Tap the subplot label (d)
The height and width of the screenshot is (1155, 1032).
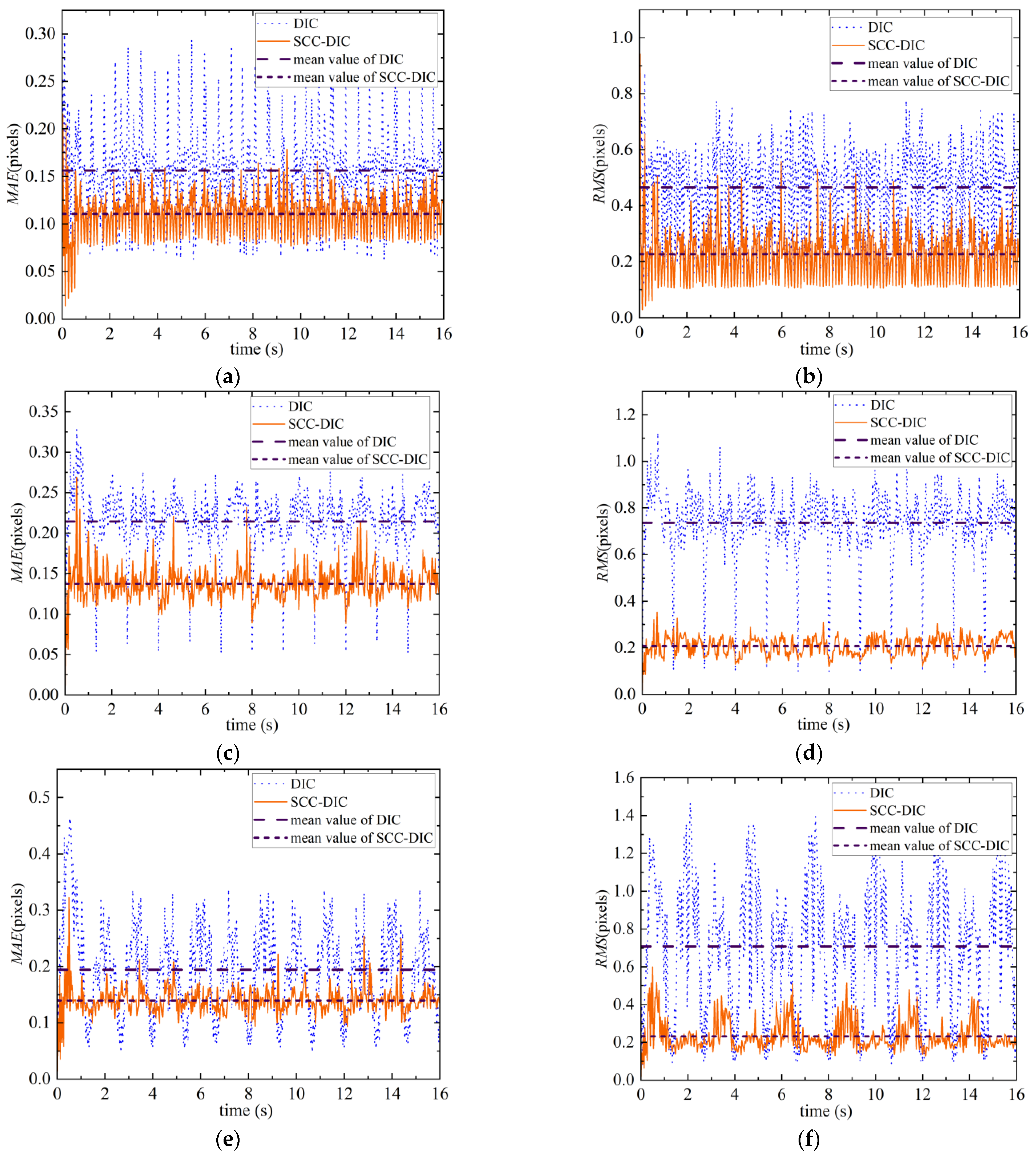809,753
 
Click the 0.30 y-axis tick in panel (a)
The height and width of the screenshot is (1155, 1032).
40,34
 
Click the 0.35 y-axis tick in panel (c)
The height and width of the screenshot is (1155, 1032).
44,411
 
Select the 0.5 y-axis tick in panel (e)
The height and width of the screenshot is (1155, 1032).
40,797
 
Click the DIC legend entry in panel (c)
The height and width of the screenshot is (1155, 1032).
300,406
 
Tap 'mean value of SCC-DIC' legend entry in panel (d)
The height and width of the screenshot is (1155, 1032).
940,458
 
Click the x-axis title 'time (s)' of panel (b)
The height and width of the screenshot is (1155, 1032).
826,349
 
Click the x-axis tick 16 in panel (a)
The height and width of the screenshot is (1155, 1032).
443,334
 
